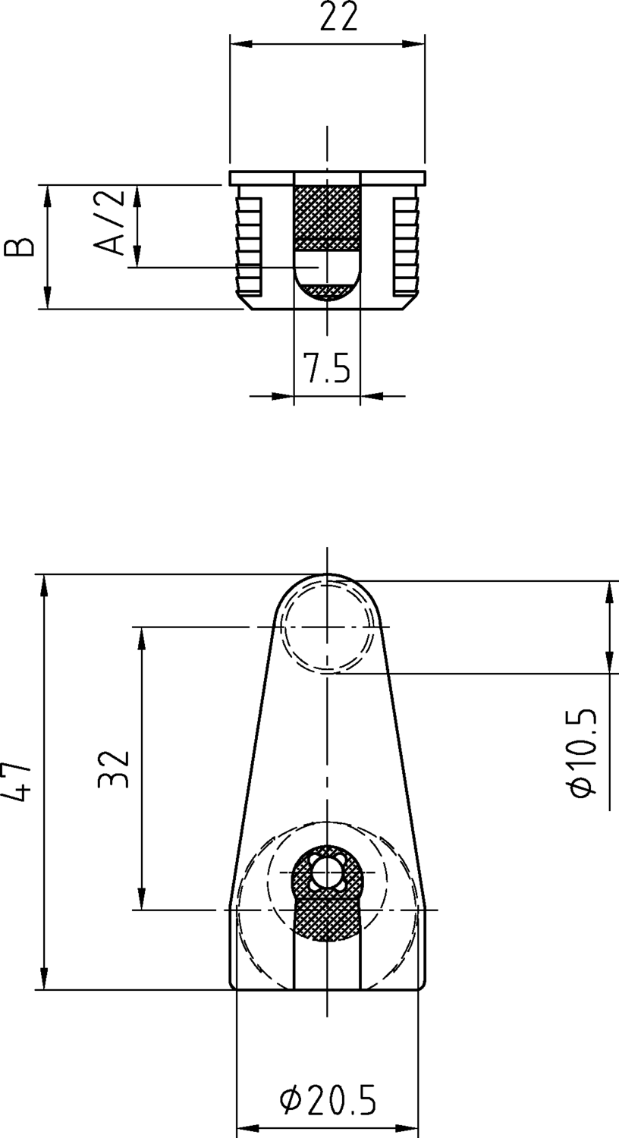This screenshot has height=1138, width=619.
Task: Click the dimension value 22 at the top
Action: coord(338,16)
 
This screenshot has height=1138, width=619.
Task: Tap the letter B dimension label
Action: coord(18,247)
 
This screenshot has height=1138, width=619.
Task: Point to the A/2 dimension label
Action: coord(108,222)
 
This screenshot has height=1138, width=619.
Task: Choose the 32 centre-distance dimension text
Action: coord(115,768)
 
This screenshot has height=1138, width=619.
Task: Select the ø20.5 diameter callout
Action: coord(328,1100)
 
